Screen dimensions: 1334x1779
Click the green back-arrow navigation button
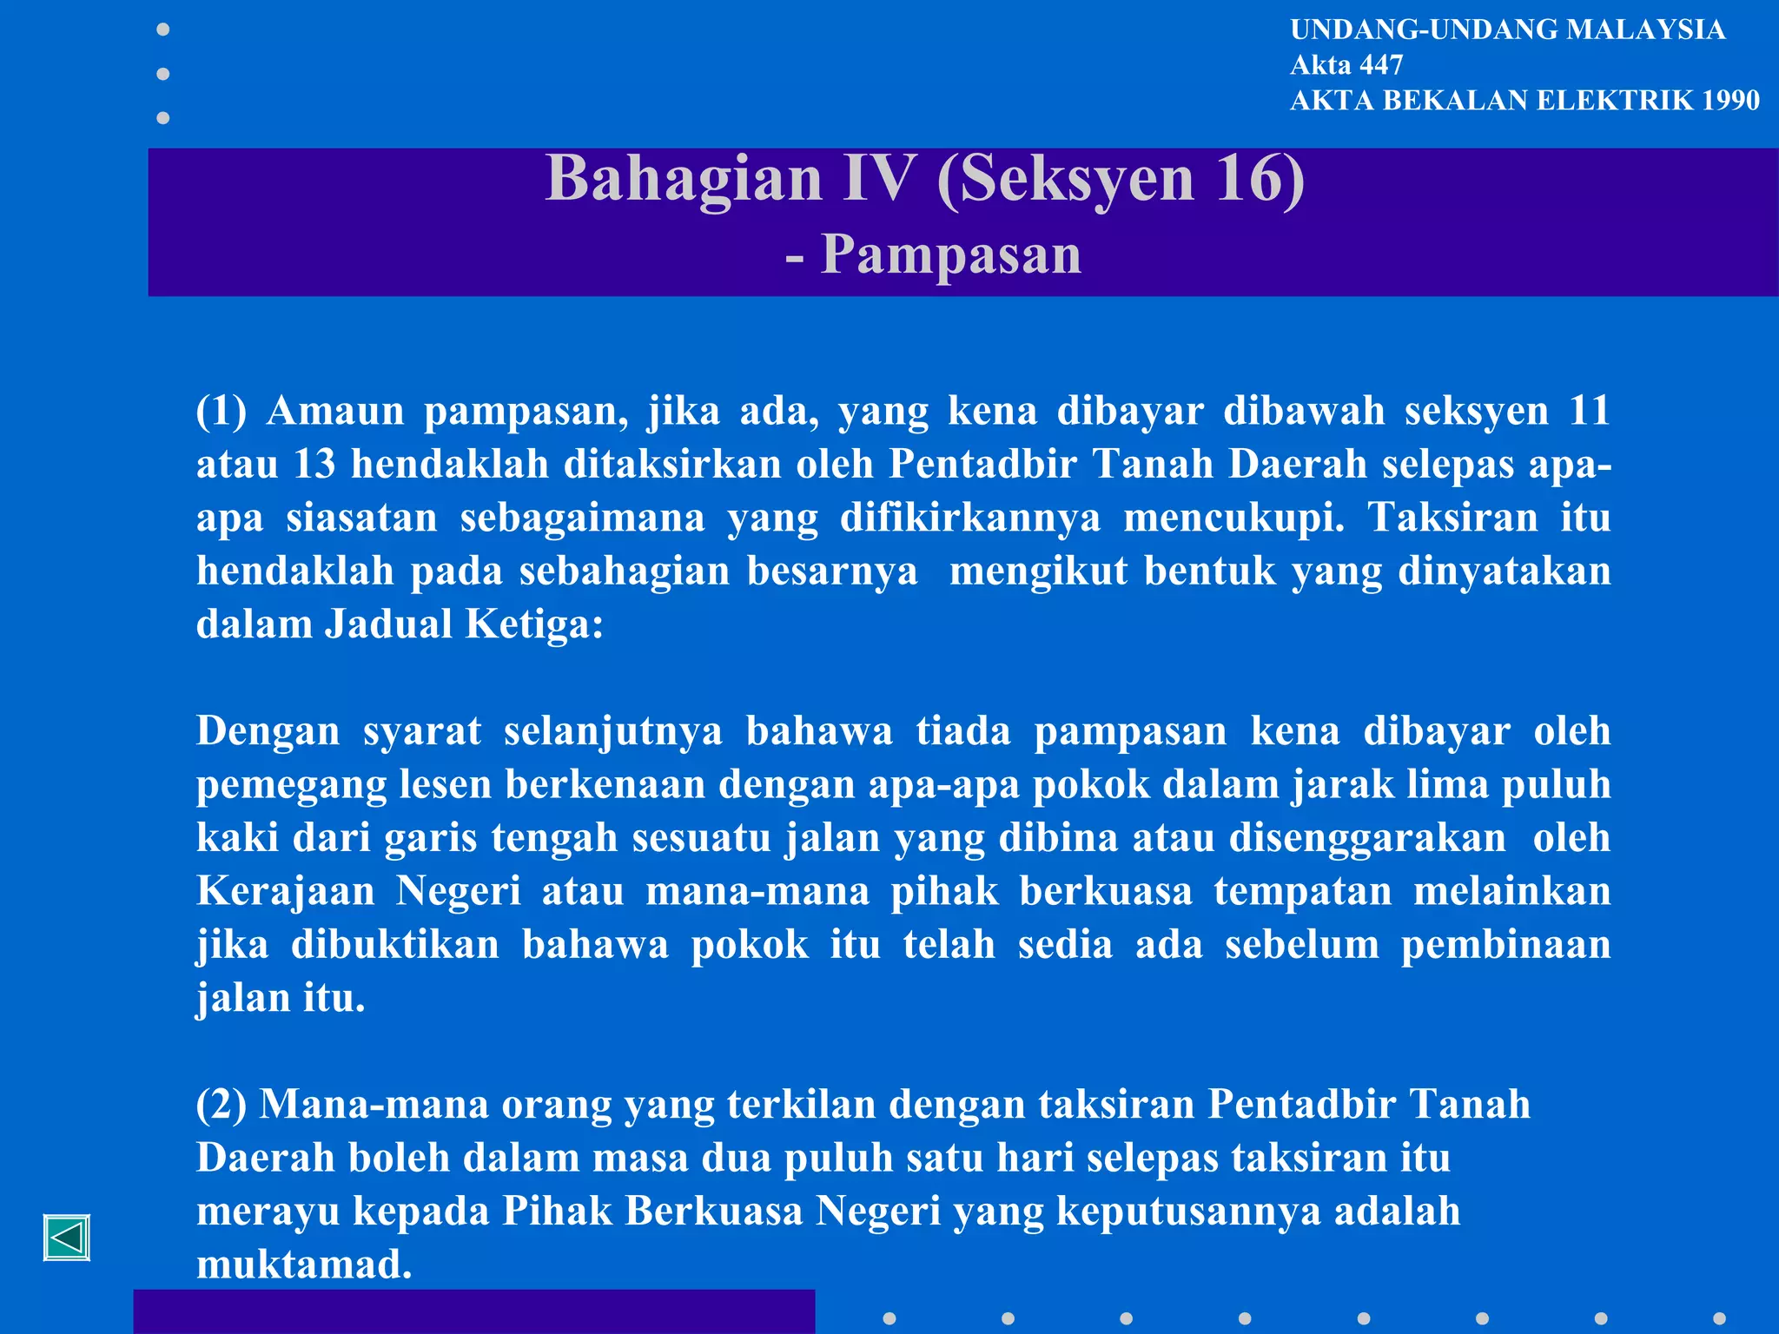point(67,1238)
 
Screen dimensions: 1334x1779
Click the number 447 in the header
point(1382,65)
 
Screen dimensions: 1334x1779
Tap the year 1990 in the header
point(1730,101)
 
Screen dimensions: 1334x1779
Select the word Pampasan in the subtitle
point(951,254)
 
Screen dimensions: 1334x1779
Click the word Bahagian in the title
point(684,178)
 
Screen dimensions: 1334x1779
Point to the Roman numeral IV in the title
point(879,178)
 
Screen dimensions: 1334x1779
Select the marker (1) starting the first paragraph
point(222,411)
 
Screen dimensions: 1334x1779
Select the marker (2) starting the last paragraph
point(222,1105)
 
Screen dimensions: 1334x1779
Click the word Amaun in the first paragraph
point(335,411)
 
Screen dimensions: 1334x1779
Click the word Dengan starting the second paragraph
point(268,731)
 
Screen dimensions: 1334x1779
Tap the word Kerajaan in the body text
point(285,891)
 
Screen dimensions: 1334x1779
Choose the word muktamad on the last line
point(303,1265)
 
